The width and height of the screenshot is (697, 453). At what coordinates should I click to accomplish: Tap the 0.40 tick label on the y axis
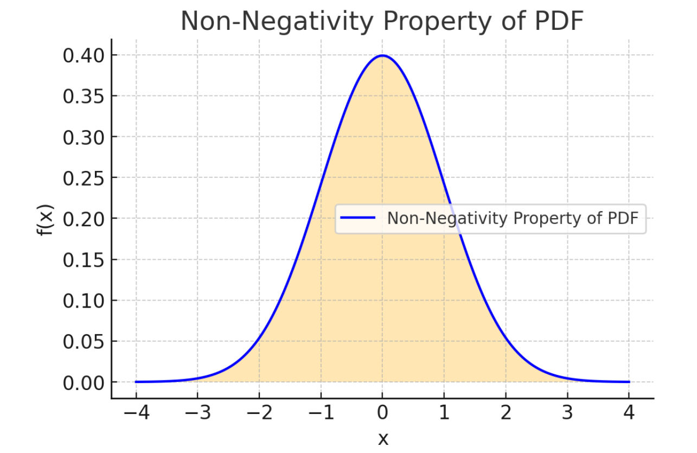click(x=82, y=55)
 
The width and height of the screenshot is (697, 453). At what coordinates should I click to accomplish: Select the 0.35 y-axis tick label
click(x=82, y=97)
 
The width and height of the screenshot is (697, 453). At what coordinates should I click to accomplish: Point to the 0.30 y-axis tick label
click(x=82, y=137)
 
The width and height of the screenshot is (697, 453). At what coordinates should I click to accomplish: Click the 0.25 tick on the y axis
click(x=82, y=178)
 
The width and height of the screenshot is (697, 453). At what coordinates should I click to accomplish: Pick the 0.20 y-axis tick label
click(x=82, y=219)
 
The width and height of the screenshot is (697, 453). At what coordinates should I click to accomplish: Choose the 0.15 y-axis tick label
click(x=82, y=260)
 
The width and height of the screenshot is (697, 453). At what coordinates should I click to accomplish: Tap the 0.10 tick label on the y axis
click(x=82, y=301)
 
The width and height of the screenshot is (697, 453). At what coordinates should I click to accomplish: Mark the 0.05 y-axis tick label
click(x=82, y=342)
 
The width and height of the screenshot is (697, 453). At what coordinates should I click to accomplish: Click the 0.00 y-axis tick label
click(x=82, y=383)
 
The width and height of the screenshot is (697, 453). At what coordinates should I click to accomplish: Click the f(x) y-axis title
click(x=47, y=219)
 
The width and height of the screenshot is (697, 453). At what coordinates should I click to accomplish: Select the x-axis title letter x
click(x=382, y=438)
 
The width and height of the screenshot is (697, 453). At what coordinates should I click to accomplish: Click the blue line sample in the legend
click(x=358, y=218)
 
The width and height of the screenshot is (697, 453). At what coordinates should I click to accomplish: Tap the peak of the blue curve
click(x=382, y=55)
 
